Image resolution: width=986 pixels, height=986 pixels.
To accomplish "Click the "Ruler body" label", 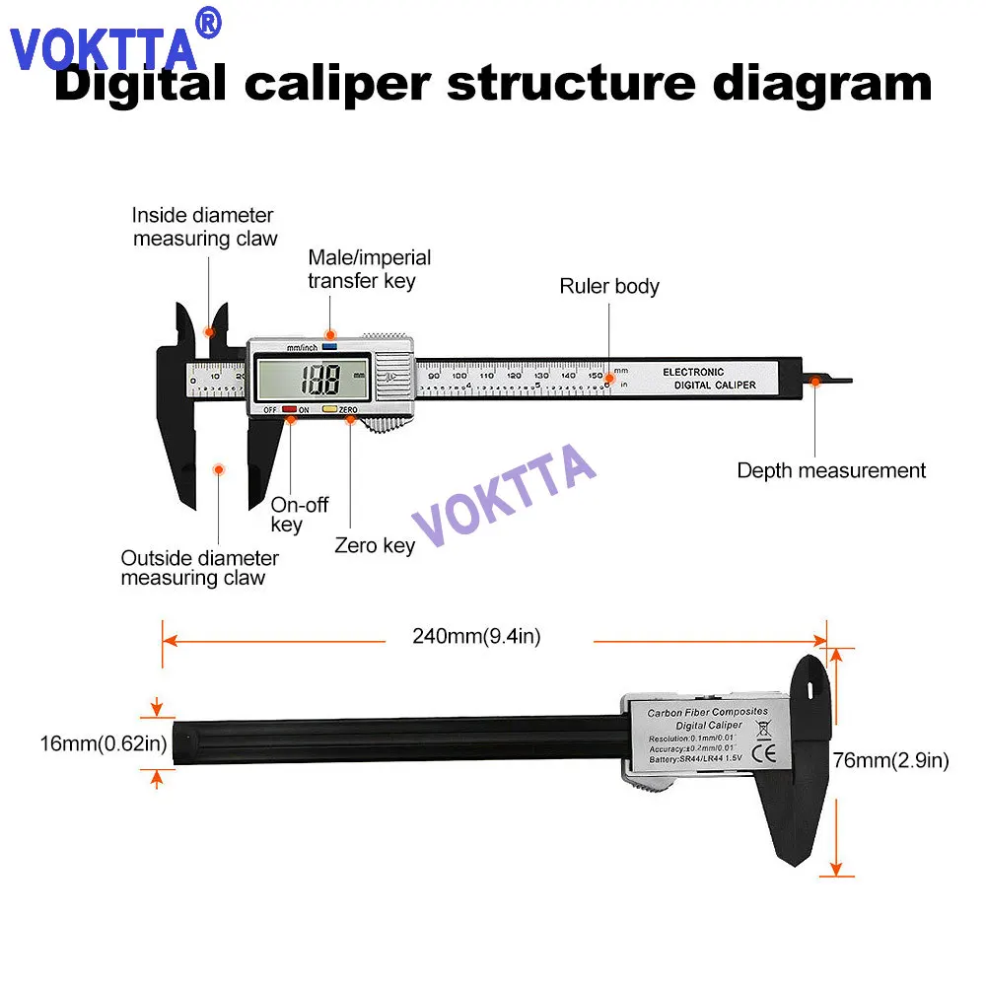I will pos(609,287).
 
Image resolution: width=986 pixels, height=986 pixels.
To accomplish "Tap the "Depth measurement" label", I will pos(831,470).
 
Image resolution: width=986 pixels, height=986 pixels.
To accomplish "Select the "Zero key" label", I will pos(375,545).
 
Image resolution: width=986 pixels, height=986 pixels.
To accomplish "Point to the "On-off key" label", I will pos(299,515).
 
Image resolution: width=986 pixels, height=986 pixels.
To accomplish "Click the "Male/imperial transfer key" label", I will pos(369,269).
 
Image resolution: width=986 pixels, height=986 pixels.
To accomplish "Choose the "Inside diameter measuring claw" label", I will pos(205,227).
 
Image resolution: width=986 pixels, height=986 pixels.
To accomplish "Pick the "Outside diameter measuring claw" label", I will pos(199,568).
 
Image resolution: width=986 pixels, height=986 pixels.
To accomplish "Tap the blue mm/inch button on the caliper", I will pos(329,347).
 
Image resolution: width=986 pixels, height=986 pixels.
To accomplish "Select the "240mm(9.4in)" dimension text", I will pos(476,637).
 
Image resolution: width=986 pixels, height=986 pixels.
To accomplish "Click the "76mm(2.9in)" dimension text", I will pos(890,760).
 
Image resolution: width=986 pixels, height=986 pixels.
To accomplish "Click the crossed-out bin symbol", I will pos(762,729).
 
